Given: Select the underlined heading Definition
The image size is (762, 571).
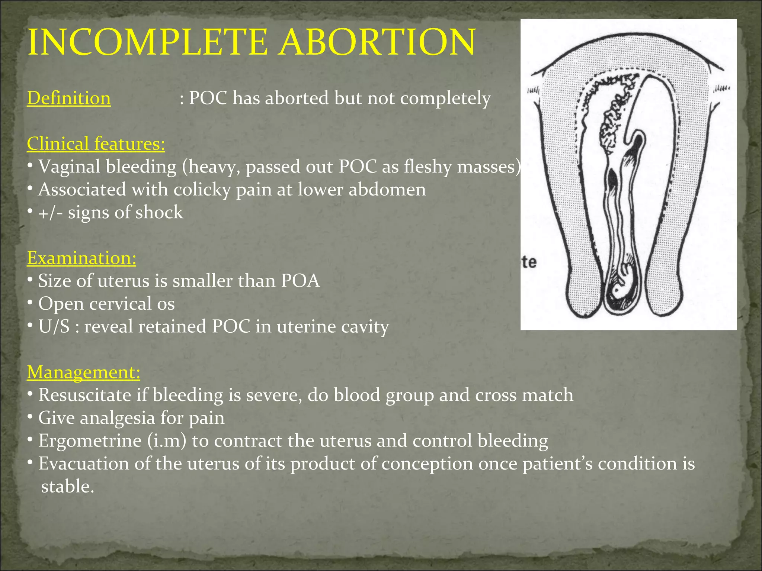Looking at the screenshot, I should click(69, 99).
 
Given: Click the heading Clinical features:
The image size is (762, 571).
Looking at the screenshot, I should click(96, 144).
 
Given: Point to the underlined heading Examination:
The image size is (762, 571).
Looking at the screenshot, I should click(81, 258).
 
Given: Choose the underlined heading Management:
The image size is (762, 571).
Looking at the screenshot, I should click(83, 372).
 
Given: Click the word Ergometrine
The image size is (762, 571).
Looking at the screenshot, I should click(90, 441).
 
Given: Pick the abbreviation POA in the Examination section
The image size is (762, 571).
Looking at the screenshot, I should click(300, 281).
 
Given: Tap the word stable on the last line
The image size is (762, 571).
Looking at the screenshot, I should click(67, 487).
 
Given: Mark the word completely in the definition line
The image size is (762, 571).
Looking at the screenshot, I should click(445, 99).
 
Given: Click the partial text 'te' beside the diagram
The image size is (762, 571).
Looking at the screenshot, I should click(529, 262).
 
